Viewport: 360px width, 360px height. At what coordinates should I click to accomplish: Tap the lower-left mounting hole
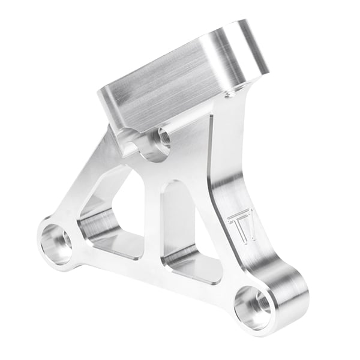point(56,243)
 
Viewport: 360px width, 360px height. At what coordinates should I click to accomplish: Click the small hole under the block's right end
point(229,95)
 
